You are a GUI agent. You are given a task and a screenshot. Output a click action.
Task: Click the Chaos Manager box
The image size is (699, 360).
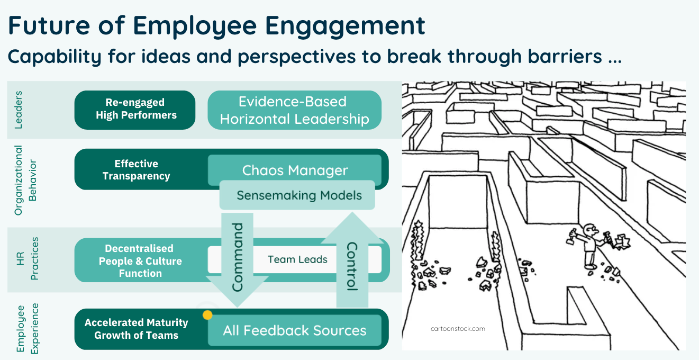[295, 170]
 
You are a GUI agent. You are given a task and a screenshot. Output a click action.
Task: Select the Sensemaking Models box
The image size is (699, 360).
[299, 195]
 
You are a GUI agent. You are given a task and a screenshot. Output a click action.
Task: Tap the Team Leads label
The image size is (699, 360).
[297, 259]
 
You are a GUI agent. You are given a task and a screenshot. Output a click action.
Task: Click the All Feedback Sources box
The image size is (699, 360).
[294, 331]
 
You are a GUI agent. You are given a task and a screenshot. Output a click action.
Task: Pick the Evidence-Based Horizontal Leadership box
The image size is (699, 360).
[294, 110]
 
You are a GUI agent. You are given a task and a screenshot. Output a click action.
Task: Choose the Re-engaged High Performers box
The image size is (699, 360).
[135, 109]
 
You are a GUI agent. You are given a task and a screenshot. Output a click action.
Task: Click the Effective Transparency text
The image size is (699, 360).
[136, 170]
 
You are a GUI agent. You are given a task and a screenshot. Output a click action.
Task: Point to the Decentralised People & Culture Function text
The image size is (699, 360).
[140, 260]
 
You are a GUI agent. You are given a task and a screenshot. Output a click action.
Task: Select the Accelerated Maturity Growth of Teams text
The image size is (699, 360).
[136, 329]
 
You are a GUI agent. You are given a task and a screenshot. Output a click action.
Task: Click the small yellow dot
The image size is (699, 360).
[208, 315]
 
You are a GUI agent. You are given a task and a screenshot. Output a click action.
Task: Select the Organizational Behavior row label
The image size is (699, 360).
[26, 181]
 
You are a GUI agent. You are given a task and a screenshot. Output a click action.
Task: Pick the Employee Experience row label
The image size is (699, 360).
[26, 328]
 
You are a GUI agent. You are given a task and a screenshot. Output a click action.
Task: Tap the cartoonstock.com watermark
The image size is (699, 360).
[457, 329]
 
